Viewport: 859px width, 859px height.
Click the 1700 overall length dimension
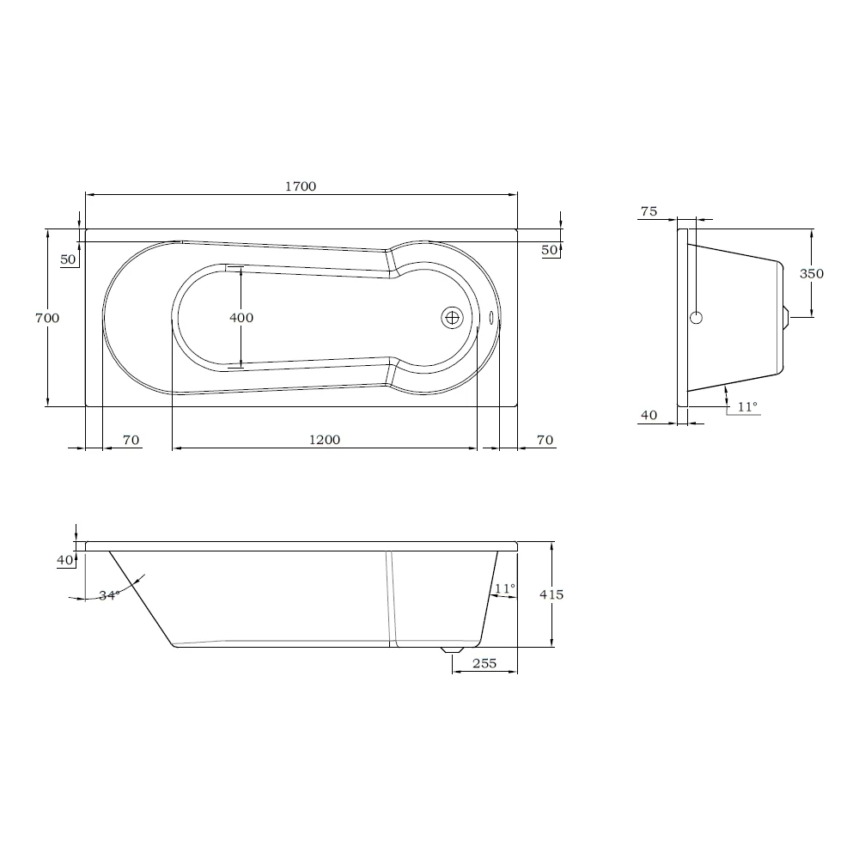[301, 186]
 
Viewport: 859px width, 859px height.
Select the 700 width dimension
[46, 318]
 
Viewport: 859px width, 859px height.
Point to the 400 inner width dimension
[241, 318]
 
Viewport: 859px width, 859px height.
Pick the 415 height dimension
[551, 594]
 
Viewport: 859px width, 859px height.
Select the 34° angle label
[108, 595]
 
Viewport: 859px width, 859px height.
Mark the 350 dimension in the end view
[811, 274]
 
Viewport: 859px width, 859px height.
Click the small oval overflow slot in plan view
[492, 318]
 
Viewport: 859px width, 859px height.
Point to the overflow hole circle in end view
[696, 318]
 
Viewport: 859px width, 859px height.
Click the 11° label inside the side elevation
[504, 588]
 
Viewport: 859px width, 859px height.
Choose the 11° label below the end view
[747, 407]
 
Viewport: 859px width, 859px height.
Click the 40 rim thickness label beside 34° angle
[64, 560]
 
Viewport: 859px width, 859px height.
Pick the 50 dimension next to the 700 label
[69, 259]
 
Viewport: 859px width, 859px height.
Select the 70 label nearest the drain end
[545, 441]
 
